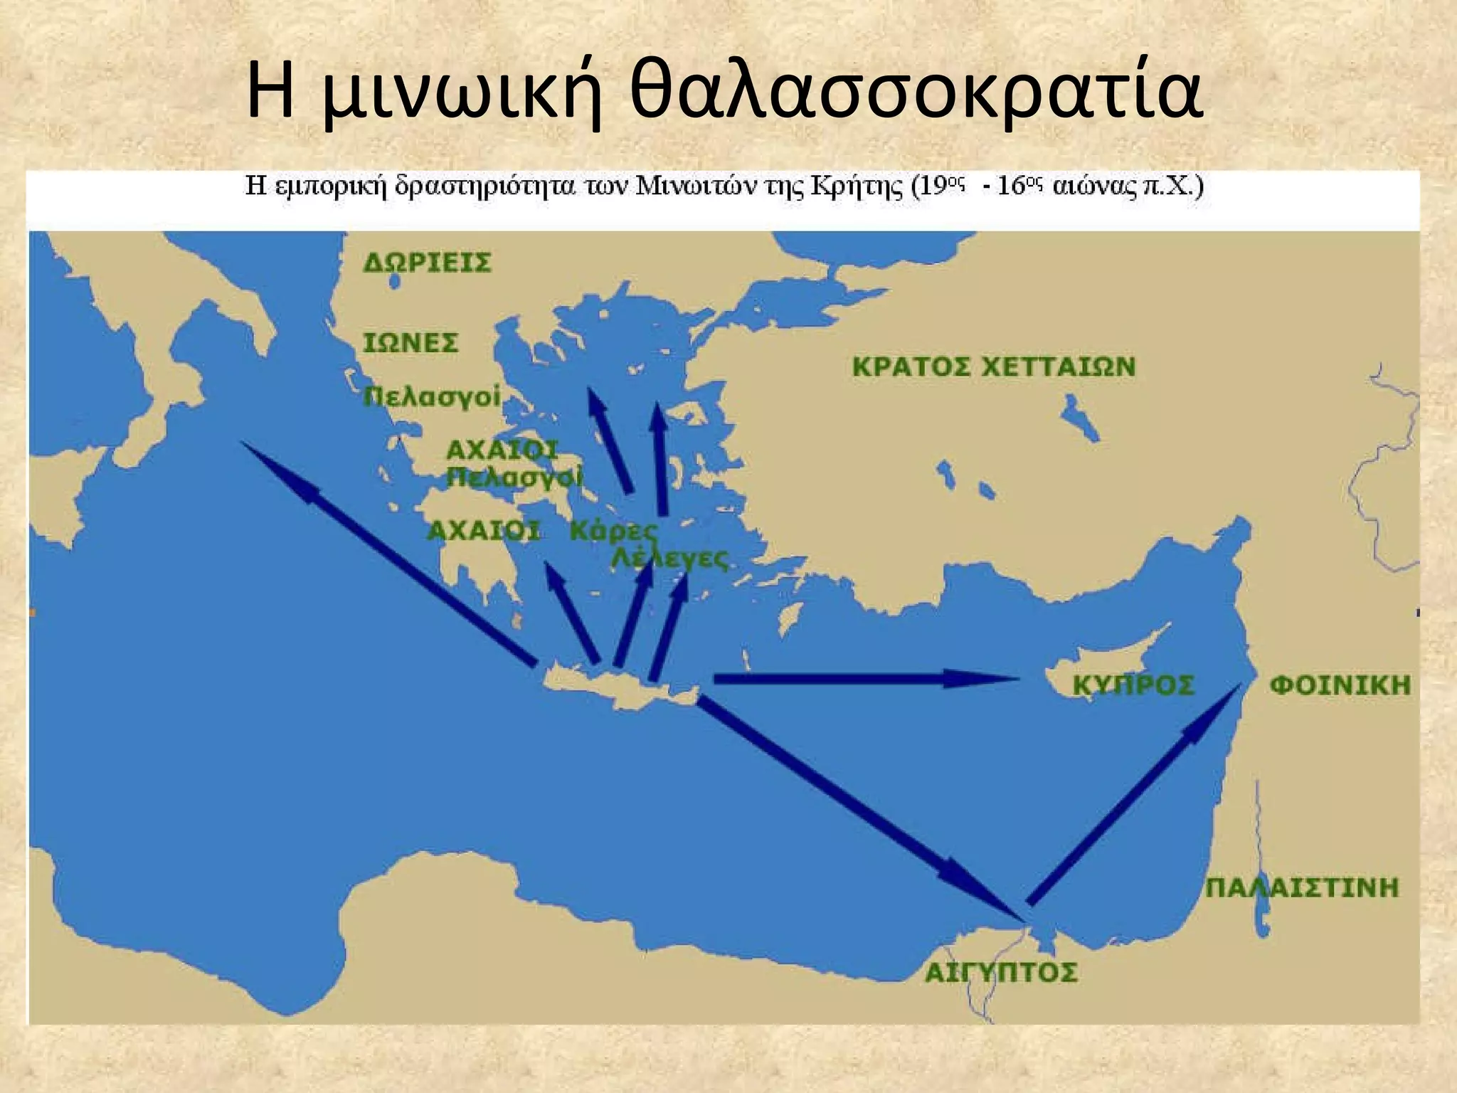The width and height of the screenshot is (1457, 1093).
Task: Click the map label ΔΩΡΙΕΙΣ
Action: (x=427, y=263)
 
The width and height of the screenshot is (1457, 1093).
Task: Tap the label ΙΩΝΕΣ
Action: (x=410, y=343)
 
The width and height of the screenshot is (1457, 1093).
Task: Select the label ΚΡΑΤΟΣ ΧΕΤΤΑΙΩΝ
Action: (x=994, y=367)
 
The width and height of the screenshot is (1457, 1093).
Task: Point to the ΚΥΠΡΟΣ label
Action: (x=1133, y=685)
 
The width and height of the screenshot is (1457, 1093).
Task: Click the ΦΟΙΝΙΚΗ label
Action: (x=1340, y=685)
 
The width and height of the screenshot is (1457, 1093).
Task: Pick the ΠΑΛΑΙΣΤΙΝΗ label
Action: (x=1303, y=887)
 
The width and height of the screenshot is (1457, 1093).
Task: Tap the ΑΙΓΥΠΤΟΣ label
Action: (x=1001, y=972)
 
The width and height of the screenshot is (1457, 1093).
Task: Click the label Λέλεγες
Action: (x=670, y=559)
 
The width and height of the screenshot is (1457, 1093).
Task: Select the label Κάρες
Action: (x=613, y=531)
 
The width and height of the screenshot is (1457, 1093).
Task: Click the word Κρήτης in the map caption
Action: (x=861, y=187)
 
